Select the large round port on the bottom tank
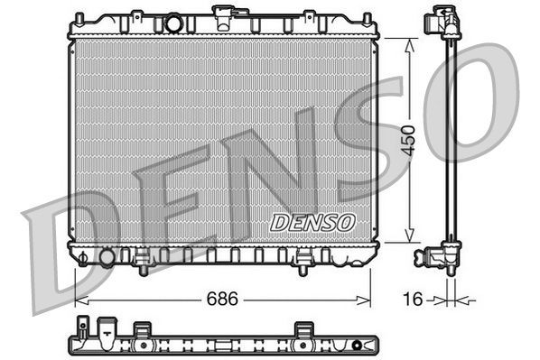tap(107, 258)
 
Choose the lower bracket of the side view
tap(446, 256)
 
